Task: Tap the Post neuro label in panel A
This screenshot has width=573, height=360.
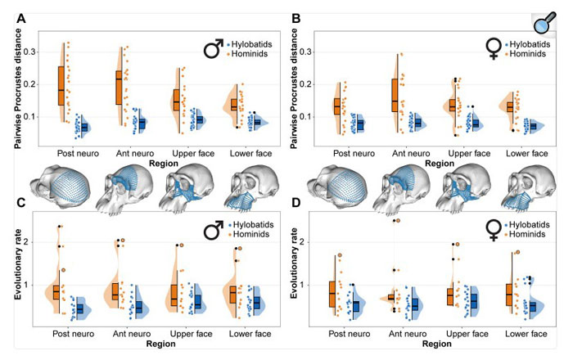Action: (79, 153)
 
